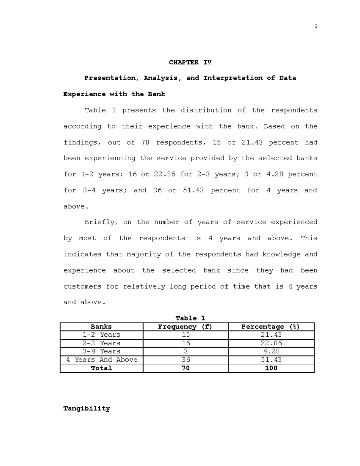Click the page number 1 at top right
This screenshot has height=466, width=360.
coord(316,26)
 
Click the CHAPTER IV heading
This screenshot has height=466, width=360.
coord(190,62)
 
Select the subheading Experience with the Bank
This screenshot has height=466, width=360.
coord(114,94)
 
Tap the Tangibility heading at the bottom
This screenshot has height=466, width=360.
coord(87,408)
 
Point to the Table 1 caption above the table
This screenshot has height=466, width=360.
coord(190,318)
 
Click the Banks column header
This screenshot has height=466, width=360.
coord(101,327)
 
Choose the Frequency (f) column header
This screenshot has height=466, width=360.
coord(185,327)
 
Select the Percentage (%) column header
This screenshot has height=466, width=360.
coord(271,327)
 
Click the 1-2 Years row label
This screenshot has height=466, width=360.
coord(101,335)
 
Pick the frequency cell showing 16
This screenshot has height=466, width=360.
coord(186,343)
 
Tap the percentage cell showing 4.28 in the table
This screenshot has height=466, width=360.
coord(271,351)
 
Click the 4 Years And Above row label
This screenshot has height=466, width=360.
coord(101,360)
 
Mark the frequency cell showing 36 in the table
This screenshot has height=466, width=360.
coord(186,360)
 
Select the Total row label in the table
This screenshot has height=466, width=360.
coord(101,368)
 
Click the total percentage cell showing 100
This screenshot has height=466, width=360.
coord(271,368)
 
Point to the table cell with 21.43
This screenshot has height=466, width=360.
coord(271,335)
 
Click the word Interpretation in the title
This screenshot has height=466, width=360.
coord(233,78)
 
